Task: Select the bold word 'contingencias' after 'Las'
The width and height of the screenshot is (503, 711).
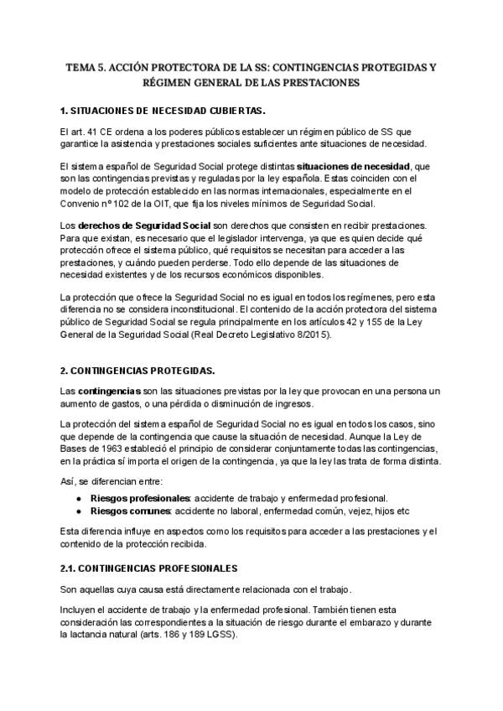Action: click(x=109, y=392)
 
